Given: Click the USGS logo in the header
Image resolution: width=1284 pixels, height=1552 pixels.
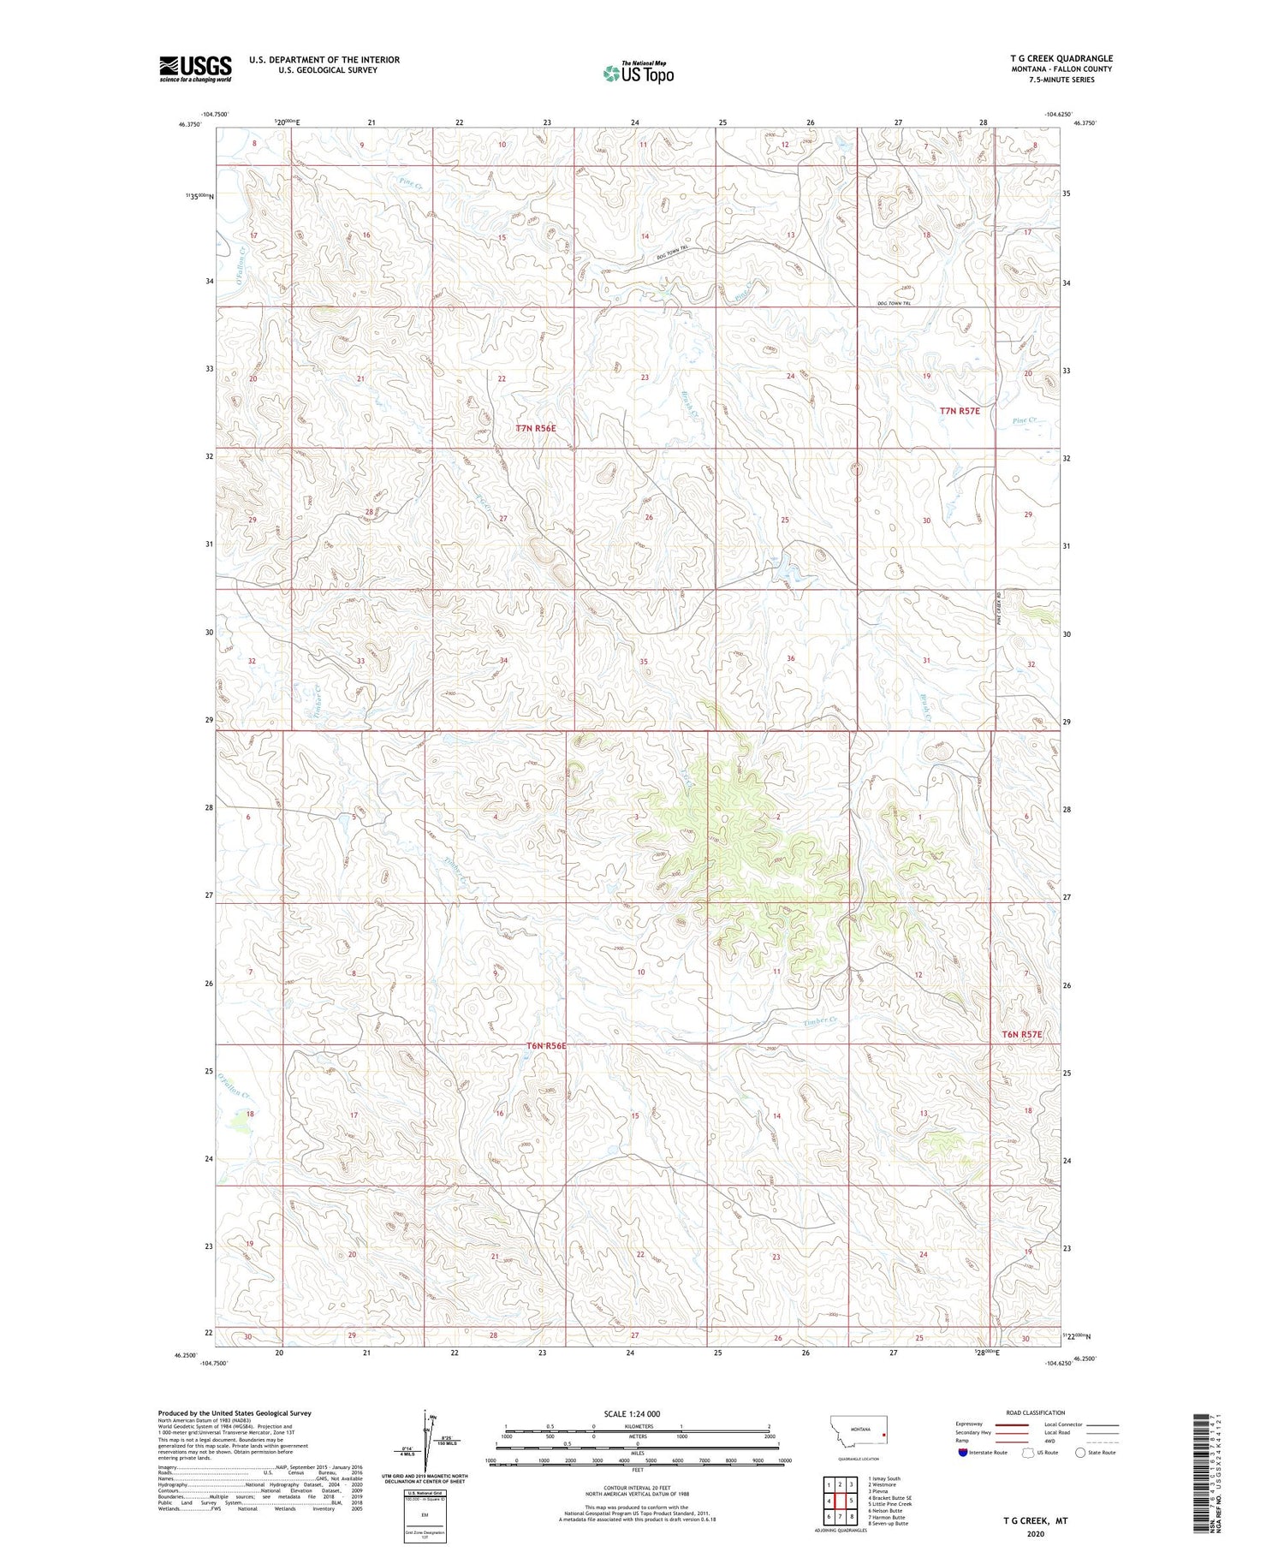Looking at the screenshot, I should click(195, 68).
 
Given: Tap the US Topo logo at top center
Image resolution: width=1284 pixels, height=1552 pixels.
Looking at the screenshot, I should click(638, 73).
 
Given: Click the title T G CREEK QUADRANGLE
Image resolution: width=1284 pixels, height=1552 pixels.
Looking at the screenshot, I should click(1061, 58).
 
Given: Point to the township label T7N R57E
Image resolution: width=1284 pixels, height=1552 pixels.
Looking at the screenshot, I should click(959, 411).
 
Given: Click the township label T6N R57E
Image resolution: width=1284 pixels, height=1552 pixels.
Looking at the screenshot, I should click(1022, 1034).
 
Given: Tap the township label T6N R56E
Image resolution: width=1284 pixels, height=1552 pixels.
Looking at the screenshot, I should click(546, 1046).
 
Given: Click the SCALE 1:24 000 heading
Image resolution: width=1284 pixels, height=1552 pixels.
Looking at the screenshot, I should click(631, 1413).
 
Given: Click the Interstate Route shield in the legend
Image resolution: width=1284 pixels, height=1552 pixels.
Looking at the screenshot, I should click(964, 1452).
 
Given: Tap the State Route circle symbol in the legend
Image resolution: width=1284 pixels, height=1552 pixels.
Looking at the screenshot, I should click(1080, 1452).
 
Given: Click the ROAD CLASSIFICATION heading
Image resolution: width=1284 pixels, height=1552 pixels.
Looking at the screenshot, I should click(1036, 1412).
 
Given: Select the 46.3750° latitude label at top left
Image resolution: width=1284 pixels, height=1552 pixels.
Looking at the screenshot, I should click(189, 124).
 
